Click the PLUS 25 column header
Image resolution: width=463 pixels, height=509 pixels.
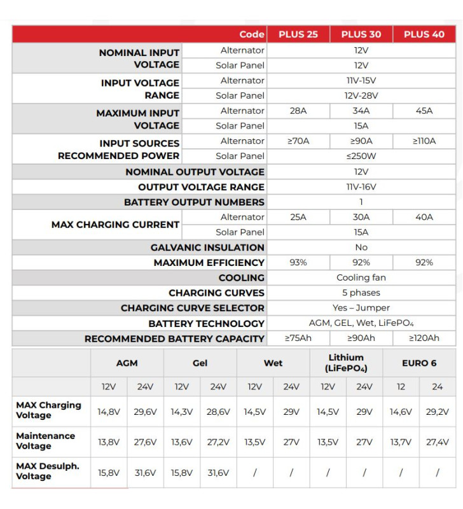(x=298, y=34)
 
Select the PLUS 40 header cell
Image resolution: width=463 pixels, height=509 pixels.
(x=424, y=34)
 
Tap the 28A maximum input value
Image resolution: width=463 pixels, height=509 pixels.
(x=298, y=111)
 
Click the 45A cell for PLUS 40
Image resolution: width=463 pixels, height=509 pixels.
(x=424, y=111)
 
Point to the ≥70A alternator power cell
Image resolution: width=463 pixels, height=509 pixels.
(x=298, y=141)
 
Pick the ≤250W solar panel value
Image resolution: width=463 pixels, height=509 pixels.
(x=361, y=156)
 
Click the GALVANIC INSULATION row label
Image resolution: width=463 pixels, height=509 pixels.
(x=207, y=248)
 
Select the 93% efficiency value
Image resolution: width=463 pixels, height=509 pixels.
(x=298, y=262)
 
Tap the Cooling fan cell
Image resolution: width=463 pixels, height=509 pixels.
(x=361, y=277)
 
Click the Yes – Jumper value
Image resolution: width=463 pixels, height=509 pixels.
(x=361, y=308)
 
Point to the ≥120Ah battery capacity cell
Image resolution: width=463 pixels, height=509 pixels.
(x=424, y=338)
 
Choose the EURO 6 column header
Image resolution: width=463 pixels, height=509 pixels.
(x=419, y=363)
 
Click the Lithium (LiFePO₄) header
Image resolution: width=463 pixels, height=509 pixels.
(x=346, y=363)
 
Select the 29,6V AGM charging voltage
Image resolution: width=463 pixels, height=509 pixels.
(x=146, y=412)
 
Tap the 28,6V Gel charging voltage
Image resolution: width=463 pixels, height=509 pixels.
(x=218, y=412)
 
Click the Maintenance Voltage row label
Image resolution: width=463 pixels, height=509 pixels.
(x=45, y=441)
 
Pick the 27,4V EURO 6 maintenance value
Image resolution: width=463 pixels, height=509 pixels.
(x=438, y=442)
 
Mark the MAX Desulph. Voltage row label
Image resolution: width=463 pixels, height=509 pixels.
(x=48, y=471)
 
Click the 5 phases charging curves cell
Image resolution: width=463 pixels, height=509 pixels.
(x=361, y=293)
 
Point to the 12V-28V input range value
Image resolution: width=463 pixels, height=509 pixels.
(x=361, y=95)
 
